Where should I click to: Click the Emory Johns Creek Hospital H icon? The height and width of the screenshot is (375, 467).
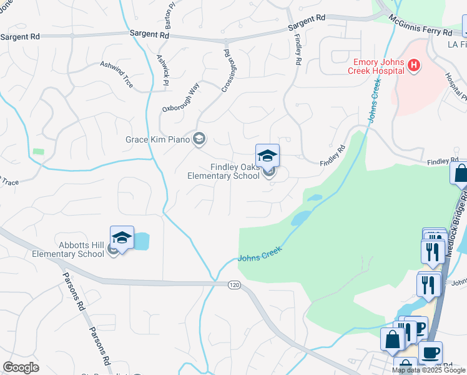[x=413, y=66]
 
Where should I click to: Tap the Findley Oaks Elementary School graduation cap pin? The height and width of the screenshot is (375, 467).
[x=267, y=155]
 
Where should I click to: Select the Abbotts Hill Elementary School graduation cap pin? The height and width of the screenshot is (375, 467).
[x=122, y=237]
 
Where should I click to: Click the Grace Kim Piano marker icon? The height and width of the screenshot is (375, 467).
[x=200, y=139]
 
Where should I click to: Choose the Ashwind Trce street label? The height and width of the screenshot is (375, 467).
[x=117, y=74]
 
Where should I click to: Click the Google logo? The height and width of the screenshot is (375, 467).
[x=21, y=367]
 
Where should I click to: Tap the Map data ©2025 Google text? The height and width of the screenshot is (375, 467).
[x=428, y=370]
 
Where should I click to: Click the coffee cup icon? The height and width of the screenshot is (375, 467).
[x=430, y=352]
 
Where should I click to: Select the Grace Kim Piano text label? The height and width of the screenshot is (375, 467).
[x=157, y=139]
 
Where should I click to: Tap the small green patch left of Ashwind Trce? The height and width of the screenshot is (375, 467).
[x=39, y=152]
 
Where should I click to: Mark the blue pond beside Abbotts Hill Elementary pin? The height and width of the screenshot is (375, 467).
[x=142, y=240]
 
